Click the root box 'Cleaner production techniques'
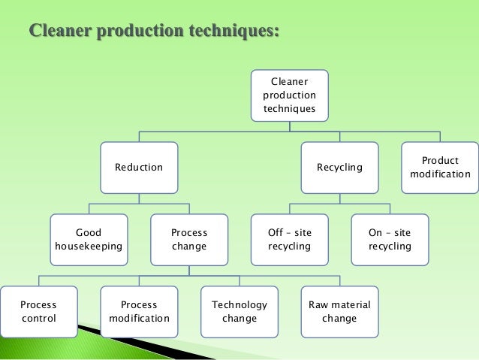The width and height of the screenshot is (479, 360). [x=289, y=95]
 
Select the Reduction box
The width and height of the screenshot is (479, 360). [x=139, y=167]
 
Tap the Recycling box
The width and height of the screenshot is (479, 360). [x=339, y=167]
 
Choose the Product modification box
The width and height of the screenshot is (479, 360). [x=440, y=167]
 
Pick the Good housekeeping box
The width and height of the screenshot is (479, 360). [x=89, y=240]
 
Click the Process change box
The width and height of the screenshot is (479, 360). [x=189, y=240]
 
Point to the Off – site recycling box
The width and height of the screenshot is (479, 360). [x=289, y=240]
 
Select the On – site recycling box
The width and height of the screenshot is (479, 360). [x=390, y=240]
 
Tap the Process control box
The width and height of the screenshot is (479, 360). [x=38, y=311]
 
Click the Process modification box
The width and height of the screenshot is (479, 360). [x=139, y=311]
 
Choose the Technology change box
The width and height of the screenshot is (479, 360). [x=239, y=311]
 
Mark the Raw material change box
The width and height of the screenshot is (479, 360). [x=339, y=311]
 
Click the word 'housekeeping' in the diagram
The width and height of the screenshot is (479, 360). [x=89, y=247]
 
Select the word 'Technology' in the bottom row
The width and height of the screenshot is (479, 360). [x=239, y=304]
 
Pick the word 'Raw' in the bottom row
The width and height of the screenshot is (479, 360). [x=319, y=304]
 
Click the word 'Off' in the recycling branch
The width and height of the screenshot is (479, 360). [x=276, y=233]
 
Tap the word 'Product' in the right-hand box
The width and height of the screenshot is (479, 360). [x=440, y=161]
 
